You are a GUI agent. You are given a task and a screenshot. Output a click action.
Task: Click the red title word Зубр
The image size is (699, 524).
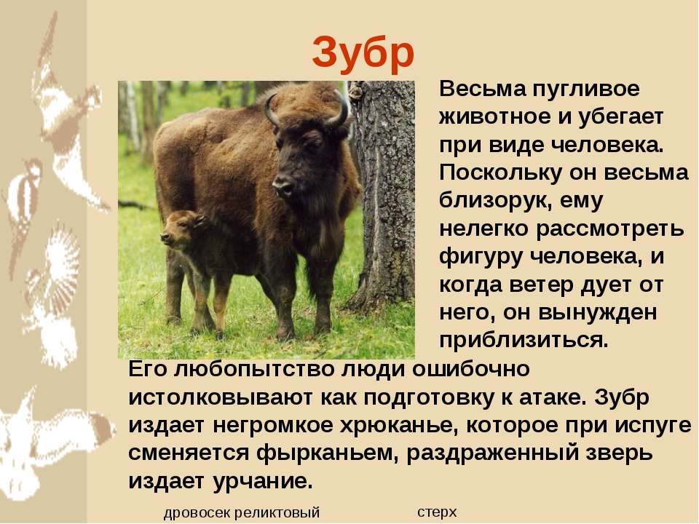363,53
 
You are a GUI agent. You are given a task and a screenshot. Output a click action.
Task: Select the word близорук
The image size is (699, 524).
493,201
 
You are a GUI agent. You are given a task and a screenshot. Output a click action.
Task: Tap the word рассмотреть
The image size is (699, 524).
610,229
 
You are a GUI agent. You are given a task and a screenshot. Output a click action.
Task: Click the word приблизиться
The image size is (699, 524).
524,340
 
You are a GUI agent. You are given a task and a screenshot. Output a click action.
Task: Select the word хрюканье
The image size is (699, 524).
399,425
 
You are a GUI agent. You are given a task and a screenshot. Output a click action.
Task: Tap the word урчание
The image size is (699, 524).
263,481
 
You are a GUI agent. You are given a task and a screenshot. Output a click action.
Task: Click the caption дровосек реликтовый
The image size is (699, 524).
242,513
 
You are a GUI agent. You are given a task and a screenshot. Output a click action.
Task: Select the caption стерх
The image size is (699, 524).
437,512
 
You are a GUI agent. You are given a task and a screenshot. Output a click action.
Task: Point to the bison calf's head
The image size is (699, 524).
181,229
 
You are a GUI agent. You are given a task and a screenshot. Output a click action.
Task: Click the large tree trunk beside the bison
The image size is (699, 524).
384,196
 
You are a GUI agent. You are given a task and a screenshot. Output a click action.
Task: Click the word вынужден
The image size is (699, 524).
598,312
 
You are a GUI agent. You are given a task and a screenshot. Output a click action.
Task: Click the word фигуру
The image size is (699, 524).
481,257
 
